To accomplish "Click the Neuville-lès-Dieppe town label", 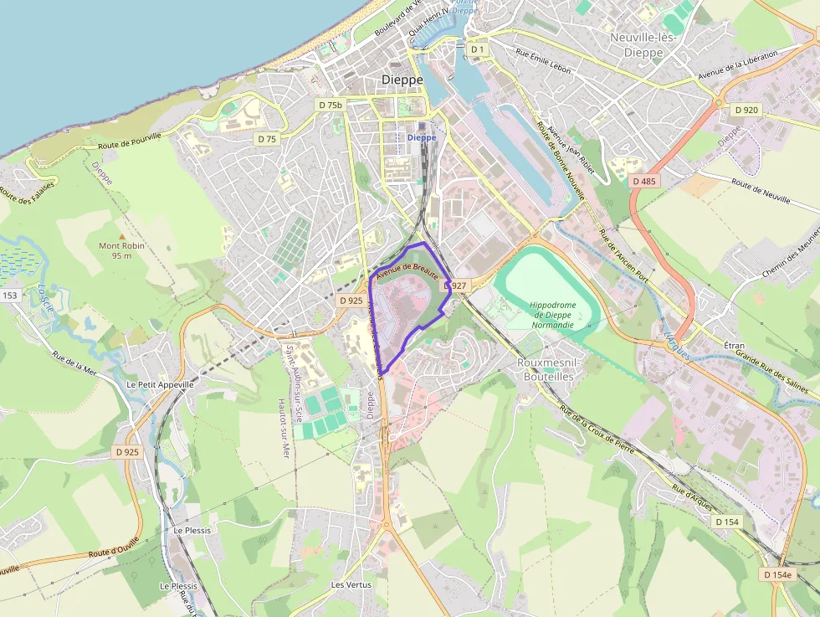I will (x=648, y=44).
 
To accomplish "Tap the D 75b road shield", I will (x=331, y=105).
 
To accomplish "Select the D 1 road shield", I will (x=478, y=49).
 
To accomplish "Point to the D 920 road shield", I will (x=746, y=110).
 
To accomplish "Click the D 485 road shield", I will (x=644, y=181).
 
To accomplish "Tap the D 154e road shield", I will (x=777, y=575).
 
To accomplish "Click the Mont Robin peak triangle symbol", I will (x=121, y=236).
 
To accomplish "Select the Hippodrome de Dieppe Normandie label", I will (x=551, y=314).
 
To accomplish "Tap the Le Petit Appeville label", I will (x=160, y=384).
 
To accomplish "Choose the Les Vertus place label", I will (x=351, y=584).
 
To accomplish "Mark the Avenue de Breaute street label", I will (x=407, y=268).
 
